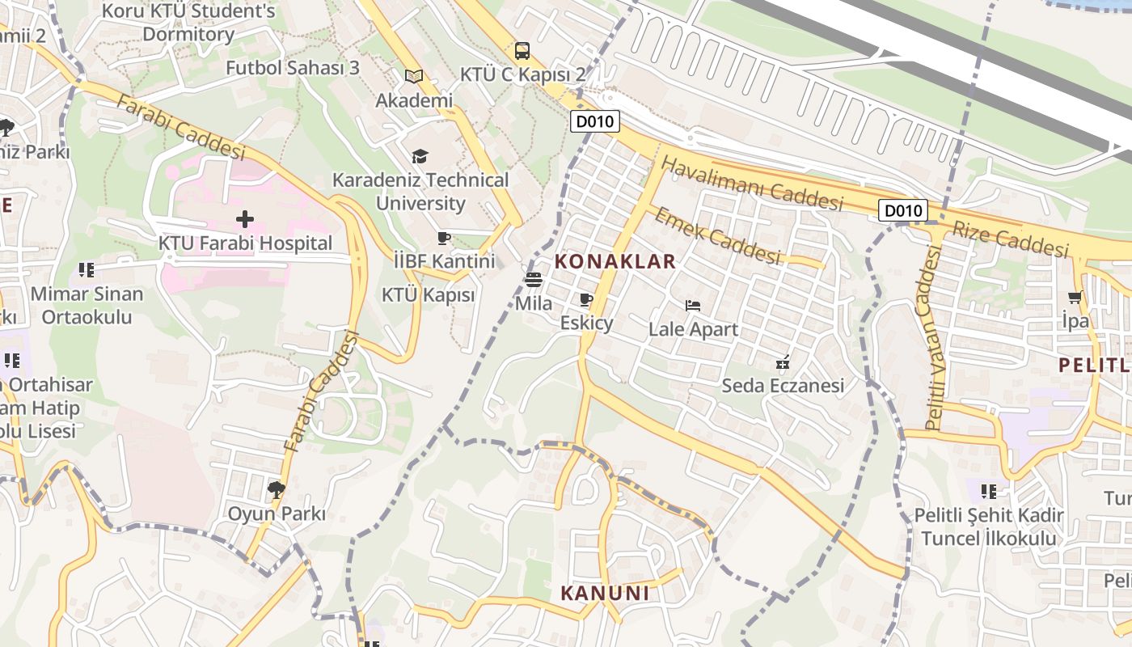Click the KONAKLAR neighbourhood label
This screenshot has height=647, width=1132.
(x=615, y=261)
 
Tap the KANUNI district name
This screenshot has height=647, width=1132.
(x=605, y=593)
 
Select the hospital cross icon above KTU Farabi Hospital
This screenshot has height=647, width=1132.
(x=245, y=218)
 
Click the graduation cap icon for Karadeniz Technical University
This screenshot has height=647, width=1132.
(x=420, y=156)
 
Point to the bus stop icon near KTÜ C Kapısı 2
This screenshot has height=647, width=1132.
(x=522, y=51)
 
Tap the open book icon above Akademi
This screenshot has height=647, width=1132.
(x=414, y=76)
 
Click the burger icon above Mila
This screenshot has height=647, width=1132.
(x=533, y=280)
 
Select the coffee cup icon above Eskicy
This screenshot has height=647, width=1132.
(x=586, y=300)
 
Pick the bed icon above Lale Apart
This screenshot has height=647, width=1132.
(x=693, y=306)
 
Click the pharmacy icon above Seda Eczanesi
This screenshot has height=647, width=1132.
(x=783, y=362)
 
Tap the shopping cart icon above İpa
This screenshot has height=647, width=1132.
(x=1075, y=297)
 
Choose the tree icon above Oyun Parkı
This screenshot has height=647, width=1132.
(x=277, y=488)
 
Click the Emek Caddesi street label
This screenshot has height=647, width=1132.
(x=717, y=235)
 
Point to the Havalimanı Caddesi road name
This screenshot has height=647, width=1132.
(x=752, y=184)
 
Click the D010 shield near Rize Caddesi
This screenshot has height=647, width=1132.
(x=902, y=211)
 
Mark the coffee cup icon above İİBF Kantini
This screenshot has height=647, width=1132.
(x=443, y=238)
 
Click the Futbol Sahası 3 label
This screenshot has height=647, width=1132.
(x=292, y=68)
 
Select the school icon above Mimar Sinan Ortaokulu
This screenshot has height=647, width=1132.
(x=87, y=269)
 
